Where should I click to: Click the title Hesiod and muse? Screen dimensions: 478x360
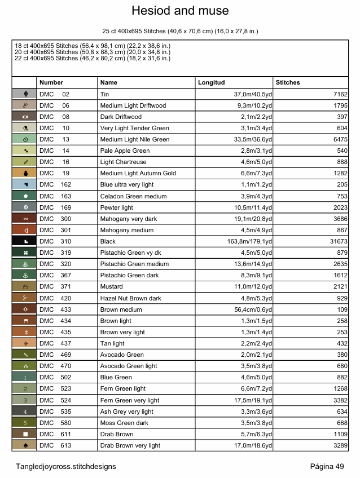coord(180,11)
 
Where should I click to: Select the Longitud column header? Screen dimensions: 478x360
coord(211,82)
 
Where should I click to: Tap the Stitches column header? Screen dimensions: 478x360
coord(288,82)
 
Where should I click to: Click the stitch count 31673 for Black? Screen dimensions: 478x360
coord(337,241)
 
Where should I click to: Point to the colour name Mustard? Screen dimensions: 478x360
coord(112,287)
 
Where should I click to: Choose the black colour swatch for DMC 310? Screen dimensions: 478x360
coord(24,241)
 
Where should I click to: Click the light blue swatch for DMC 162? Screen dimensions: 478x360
coord(24,184)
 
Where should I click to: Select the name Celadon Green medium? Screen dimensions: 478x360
coord(133,196)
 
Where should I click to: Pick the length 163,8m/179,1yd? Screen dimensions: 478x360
coord(249,241)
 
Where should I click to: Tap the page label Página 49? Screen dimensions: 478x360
coord(327,466)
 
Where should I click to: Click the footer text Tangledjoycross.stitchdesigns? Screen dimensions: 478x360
coord(66,466)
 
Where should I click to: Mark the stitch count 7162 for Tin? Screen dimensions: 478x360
coord(340,94)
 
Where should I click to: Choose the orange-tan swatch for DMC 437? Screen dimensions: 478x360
coord(24,343)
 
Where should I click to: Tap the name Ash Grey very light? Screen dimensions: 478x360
coord(126,411)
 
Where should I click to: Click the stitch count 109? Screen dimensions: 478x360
coord(342,309)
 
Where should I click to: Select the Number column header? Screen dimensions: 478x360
coord(51,82)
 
